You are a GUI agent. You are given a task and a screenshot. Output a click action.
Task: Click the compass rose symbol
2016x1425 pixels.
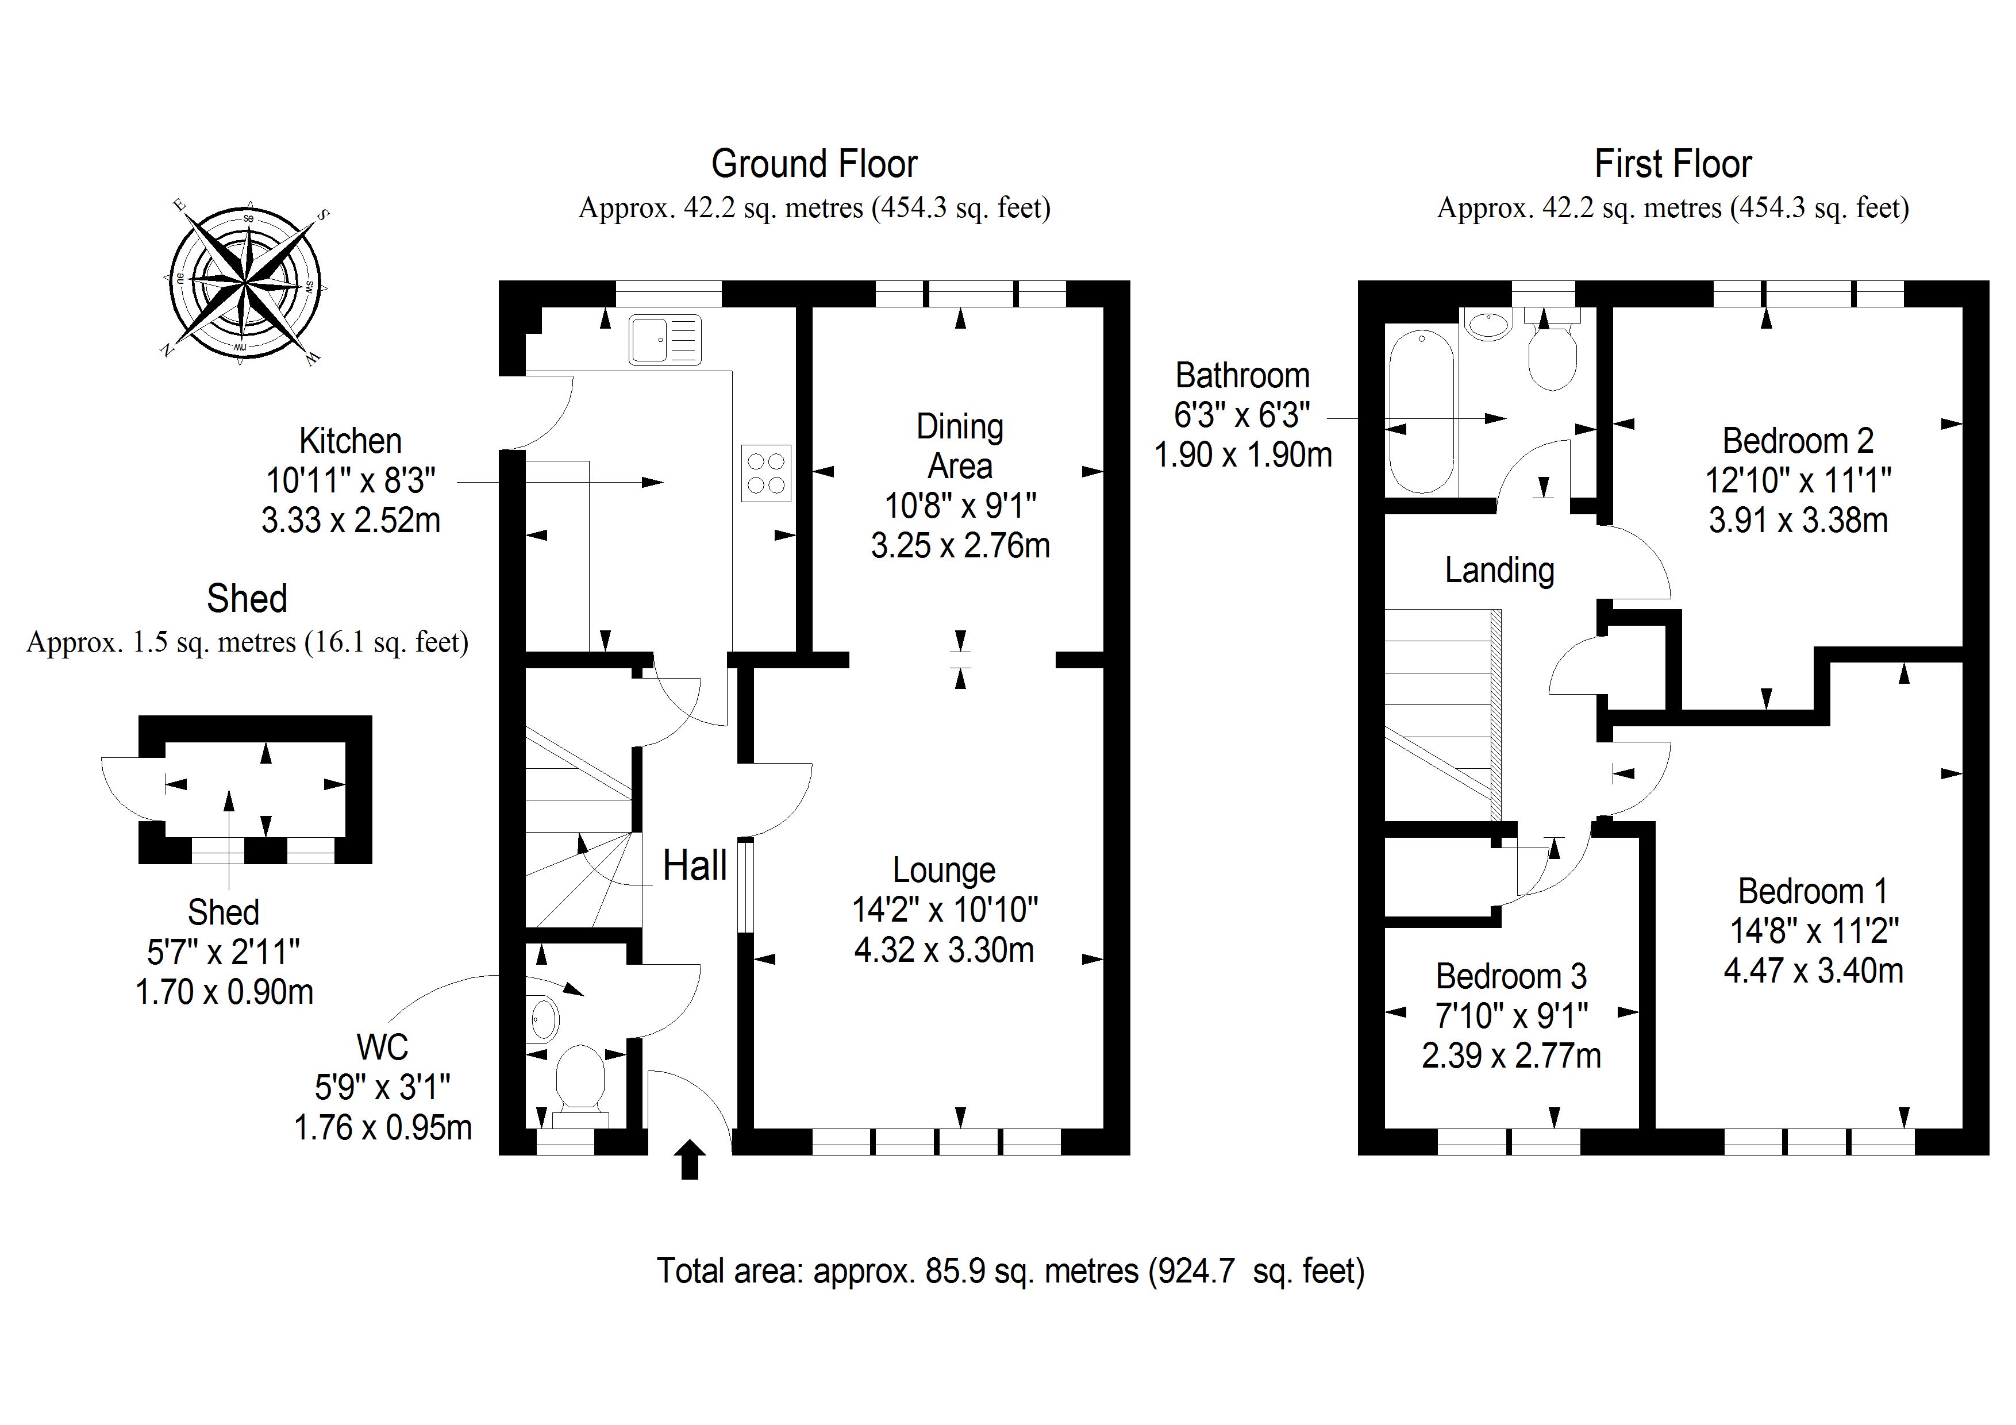[246, 281]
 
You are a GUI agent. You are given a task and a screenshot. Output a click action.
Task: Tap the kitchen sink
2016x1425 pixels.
[665, 339]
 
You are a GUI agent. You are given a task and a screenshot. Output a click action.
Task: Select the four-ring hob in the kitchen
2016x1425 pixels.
[765, 473]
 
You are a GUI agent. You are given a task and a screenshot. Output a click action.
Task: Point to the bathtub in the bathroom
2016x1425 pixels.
[1422, 411]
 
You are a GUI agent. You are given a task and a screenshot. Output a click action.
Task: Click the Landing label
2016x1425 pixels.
[1499, 571]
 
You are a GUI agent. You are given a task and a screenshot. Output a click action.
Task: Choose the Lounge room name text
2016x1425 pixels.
[944, 870]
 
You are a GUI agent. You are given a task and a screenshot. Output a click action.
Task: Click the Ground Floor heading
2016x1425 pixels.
[814, 164]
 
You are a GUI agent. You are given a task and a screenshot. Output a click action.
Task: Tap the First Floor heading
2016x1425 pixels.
[1673, 164]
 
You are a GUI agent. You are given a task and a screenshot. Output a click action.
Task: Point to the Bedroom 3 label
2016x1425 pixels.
[1511, 976]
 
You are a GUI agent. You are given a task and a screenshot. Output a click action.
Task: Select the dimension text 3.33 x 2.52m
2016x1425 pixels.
[351, 521]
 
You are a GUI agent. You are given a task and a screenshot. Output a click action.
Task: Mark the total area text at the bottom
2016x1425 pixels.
[1010, 1272]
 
